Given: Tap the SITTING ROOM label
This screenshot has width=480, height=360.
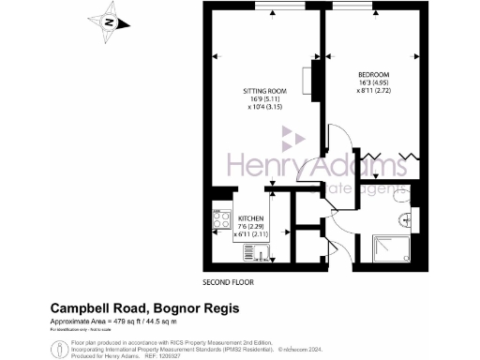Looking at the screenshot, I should pos(264,91).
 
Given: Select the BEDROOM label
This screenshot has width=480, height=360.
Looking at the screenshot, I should pos(372,75).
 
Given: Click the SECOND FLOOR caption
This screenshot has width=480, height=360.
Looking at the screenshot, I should pos(229,282).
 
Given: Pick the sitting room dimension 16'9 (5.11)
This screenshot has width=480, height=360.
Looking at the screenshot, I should pos(264,99).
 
